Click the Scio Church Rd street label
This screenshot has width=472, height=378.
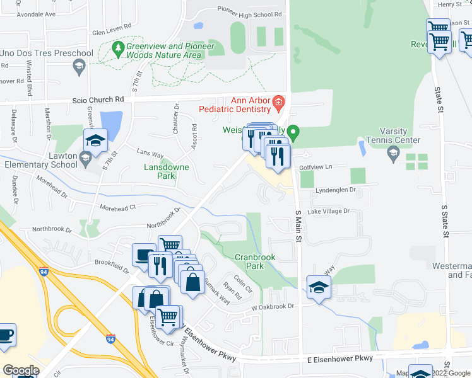pos(98,100)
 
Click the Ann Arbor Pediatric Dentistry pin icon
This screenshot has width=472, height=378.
pos(278,101)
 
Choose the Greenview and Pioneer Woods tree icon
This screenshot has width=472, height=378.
pos(117,48)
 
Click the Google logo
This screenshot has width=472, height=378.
pos(21,370)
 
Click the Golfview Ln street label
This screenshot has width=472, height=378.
pos(315,168)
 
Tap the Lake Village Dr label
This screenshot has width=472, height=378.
pos(328,212)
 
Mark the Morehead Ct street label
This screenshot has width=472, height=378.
pos(117,208)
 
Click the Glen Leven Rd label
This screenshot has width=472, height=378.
pos(111,27)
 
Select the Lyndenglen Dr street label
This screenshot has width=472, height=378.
pos(335,189)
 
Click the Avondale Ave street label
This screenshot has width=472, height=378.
pos(37,13)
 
